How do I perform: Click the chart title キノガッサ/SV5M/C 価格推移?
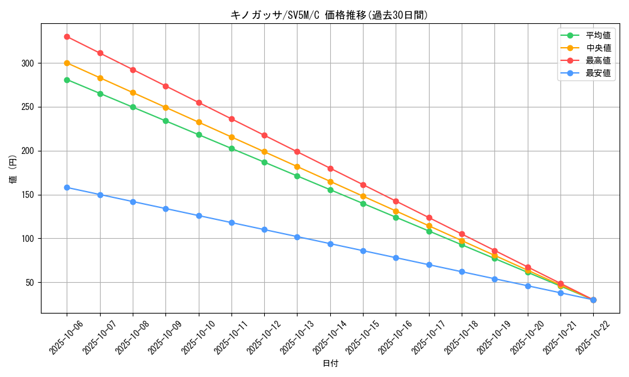[329, 15]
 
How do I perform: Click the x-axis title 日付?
[330, 364]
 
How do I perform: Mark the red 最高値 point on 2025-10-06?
[67, 36]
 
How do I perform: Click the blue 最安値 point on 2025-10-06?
[67, 187]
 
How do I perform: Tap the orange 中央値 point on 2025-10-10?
[199, 122]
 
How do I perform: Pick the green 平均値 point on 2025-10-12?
[264, 162]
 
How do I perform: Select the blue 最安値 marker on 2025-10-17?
[429, 265]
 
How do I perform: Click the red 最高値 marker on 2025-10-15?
[363, 185]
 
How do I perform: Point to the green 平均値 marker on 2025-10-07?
[100, 94]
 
